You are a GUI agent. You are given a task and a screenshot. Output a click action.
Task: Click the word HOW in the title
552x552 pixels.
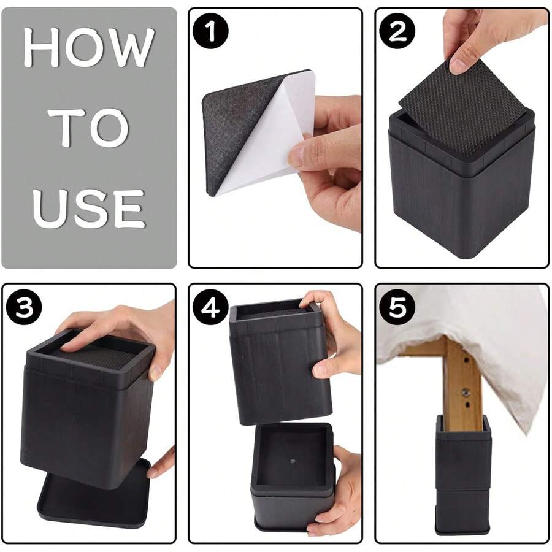(89, 47)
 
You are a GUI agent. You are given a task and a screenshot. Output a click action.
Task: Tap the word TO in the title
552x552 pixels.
(88, 127)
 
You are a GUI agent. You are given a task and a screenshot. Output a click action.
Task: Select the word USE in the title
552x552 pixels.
(88, 209)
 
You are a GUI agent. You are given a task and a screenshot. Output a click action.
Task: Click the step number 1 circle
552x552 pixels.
(211, 31)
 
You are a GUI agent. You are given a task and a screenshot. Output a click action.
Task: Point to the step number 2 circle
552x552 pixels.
(397, 31)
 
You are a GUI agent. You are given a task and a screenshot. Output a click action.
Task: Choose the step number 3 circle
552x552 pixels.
(24, 307)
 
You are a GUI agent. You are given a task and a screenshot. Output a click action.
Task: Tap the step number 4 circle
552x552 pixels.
(210, 307)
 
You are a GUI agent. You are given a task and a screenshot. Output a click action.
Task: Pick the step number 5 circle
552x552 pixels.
(397, 307)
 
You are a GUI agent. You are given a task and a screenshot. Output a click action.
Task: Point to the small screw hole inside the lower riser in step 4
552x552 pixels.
(293, 461)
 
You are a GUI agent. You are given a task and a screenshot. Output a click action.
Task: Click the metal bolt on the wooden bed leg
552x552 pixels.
(465, 391)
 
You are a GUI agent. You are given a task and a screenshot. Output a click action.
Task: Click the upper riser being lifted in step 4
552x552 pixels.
(280, 362)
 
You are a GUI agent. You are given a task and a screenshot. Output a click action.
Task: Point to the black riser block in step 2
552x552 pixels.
(462, 183)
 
